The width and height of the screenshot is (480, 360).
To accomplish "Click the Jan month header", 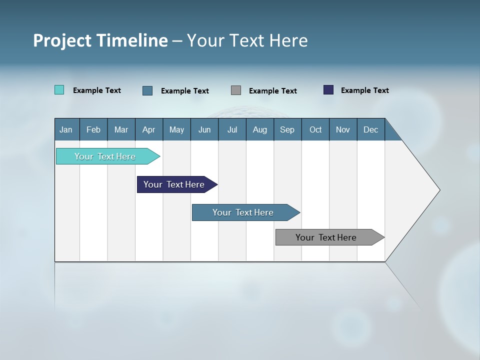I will click(x=66, y=129).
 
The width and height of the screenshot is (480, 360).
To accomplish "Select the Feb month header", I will click(x=93, y=129).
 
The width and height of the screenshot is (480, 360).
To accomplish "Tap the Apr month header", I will click(x=148, y=129).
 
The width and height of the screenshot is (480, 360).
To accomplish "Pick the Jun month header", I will click(x=204, y=129).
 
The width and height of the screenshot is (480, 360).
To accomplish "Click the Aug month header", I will click(x=259, y=129).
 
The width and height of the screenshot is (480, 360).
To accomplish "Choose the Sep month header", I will click(x=287, y=129).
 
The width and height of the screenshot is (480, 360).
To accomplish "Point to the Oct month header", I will click(x=315, y=129).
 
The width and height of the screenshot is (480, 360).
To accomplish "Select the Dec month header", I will click(x=370, y=129).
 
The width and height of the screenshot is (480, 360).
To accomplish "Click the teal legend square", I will click(x=59, y=90).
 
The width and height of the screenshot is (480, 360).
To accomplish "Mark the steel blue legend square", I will click(x=147, y=90).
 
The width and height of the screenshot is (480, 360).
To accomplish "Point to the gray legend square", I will click(x=236, y=90).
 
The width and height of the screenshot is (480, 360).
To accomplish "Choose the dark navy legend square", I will click(x=328, y=90).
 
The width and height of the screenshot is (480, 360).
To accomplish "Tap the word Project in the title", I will click(x=61, y=40).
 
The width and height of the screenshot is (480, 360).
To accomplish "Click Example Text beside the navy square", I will click(x=364, y=90).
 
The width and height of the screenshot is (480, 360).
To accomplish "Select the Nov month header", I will click(x=343, y=129).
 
